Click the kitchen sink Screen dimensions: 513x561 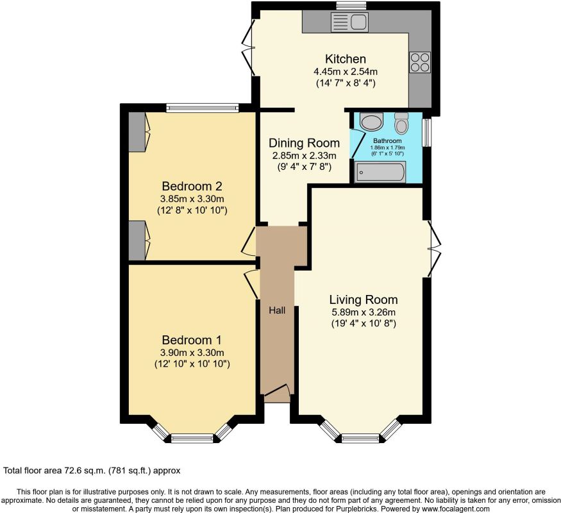point(349,23)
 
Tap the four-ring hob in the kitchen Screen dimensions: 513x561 point(420,62)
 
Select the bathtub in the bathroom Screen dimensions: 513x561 point(380,172)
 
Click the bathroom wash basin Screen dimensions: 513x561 point(370,121)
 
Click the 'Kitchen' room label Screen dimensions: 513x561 point(344,58)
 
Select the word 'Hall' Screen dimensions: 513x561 point(277,310)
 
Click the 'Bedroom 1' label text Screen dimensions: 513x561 point(192,339)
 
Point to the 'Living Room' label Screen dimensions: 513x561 point(363,299)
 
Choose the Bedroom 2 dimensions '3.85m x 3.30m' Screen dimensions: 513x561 point(192,199)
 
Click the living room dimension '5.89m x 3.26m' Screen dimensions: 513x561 point(363,312)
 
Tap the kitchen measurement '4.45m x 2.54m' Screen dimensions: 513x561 point(345,71)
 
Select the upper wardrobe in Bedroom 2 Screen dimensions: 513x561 point(137,132)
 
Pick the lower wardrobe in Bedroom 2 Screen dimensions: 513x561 point(137,240)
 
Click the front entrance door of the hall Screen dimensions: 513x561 point(277,392)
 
